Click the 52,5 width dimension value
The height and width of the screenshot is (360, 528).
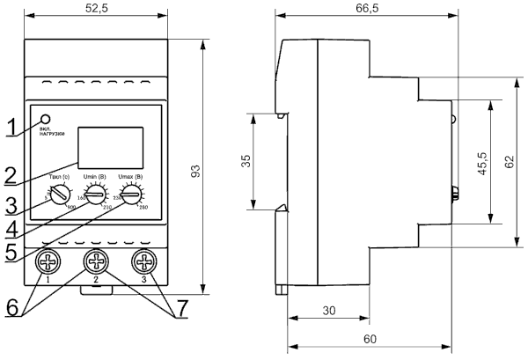point(96,8)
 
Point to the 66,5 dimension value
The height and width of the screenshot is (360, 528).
point(367,8)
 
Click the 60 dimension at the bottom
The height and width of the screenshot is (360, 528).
point(369,339)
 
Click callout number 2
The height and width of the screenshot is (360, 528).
point(11,174)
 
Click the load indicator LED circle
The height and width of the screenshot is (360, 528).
point(45,119)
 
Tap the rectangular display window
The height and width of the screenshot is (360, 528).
point(110,146)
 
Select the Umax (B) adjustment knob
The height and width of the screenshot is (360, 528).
point(131,196)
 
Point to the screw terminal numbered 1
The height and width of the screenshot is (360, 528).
point(48,262)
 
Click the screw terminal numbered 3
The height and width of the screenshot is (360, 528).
point(143,262)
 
